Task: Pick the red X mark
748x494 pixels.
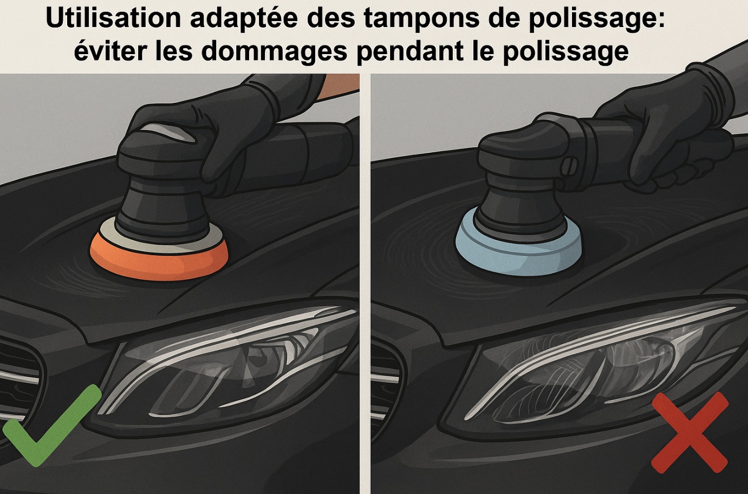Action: (x=689, y=432)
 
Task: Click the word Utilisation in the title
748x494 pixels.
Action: (x=113, y=18)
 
